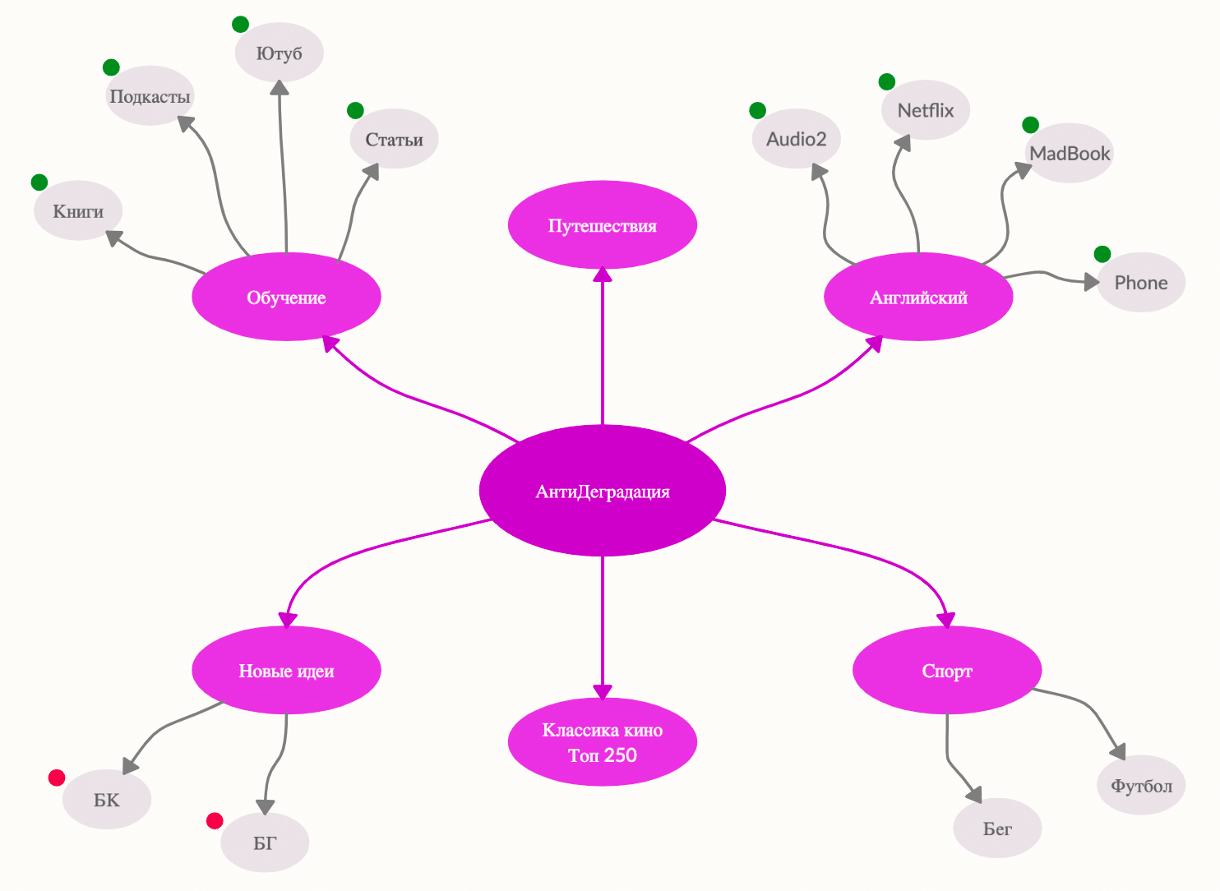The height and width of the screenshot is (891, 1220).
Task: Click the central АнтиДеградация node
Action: click(x=602, y=491)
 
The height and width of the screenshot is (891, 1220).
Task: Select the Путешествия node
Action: click(x=602, y=225)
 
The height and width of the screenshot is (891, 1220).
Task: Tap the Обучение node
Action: click(x=286, y=297)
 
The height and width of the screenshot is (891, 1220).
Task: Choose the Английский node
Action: click(x=918, y=297)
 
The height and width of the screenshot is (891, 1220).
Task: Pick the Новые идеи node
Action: click(x=286, y=671)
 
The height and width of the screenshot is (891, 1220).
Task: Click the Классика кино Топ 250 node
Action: click(x=602, y=742)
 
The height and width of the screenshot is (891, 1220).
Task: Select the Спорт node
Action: click(x=947, y=671)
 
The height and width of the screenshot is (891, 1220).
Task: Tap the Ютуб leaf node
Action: click(x=279, y=53)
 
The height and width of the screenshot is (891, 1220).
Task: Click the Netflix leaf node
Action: click(x=925, y=110)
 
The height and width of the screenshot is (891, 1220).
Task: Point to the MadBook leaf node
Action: click(x=1070, y=153)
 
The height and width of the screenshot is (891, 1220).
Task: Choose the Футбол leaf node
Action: click(x=1141, y=785)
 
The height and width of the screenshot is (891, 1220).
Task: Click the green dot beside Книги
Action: click(x=39, y=182)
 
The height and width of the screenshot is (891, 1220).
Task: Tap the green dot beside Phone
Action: click(x=1102, y=254)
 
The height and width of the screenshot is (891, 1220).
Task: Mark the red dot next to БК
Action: click(x=57, y=778)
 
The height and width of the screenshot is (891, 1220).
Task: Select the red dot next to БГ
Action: click(x=215, y=820)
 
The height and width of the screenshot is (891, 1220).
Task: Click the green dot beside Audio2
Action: click(x=758, y=110)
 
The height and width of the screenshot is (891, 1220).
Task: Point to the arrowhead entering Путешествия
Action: click(x=603, y=275)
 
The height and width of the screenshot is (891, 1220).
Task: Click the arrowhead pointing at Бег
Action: click(x=975, y=795)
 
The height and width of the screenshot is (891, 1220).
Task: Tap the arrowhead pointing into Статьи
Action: click(x=372, y=171)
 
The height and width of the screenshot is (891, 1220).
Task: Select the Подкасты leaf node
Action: click(x=150, y=96)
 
